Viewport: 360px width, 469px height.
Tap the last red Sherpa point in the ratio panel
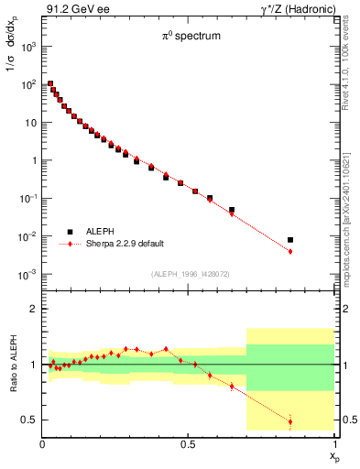[290, 422]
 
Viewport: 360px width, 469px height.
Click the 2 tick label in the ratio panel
[31, 309]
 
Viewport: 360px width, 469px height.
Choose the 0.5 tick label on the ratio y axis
[27, 420]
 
